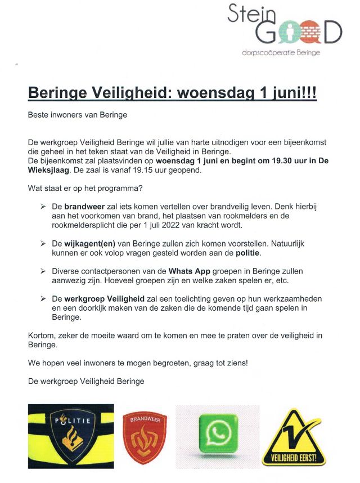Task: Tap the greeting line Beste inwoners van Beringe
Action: (x=78, y=115)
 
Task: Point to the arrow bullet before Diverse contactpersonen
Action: (x=43, y=271)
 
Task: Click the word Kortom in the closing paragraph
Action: (x=42, y=336)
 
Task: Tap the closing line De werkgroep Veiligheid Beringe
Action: (x=86, y=381)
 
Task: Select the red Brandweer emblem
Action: (x=145, y=436)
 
